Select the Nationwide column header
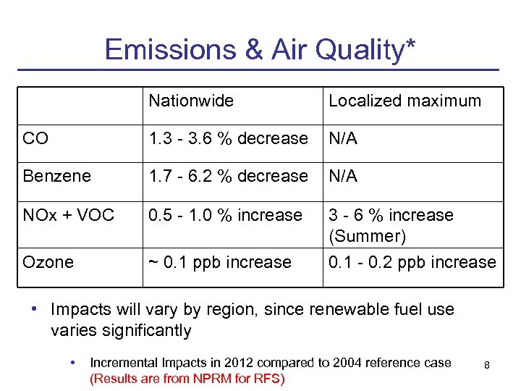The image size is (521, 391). pos(191,101)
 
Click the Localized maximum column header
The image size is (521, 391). pos(404,101)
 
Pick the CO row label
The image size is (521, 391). pos(35,138)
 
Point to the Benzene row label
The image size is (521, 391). pos(56,176)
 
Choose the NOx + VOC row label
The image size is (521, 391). pos(68,215)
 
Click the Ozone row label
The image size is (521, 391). pos(48,262)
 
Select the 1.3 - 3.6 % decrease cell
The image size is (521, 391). pos(228,138)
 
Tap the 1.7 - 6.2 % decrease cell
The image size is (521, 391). pos(228,176)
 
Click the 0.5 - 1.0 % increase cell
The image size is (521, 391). pos(225,215)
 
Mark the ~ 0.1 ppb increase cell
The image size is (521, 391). pos(220,262)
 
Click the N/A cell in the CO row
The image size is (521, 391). pos(343,138)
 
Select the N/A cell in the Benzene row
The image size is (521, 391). pos(343,176)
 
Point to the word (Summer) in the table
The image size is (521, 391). pos(367,236)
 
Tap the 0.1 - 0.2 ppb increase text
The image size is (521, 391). pos(412,262)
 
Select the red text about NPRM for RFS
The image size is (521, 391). pos(187,378)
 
